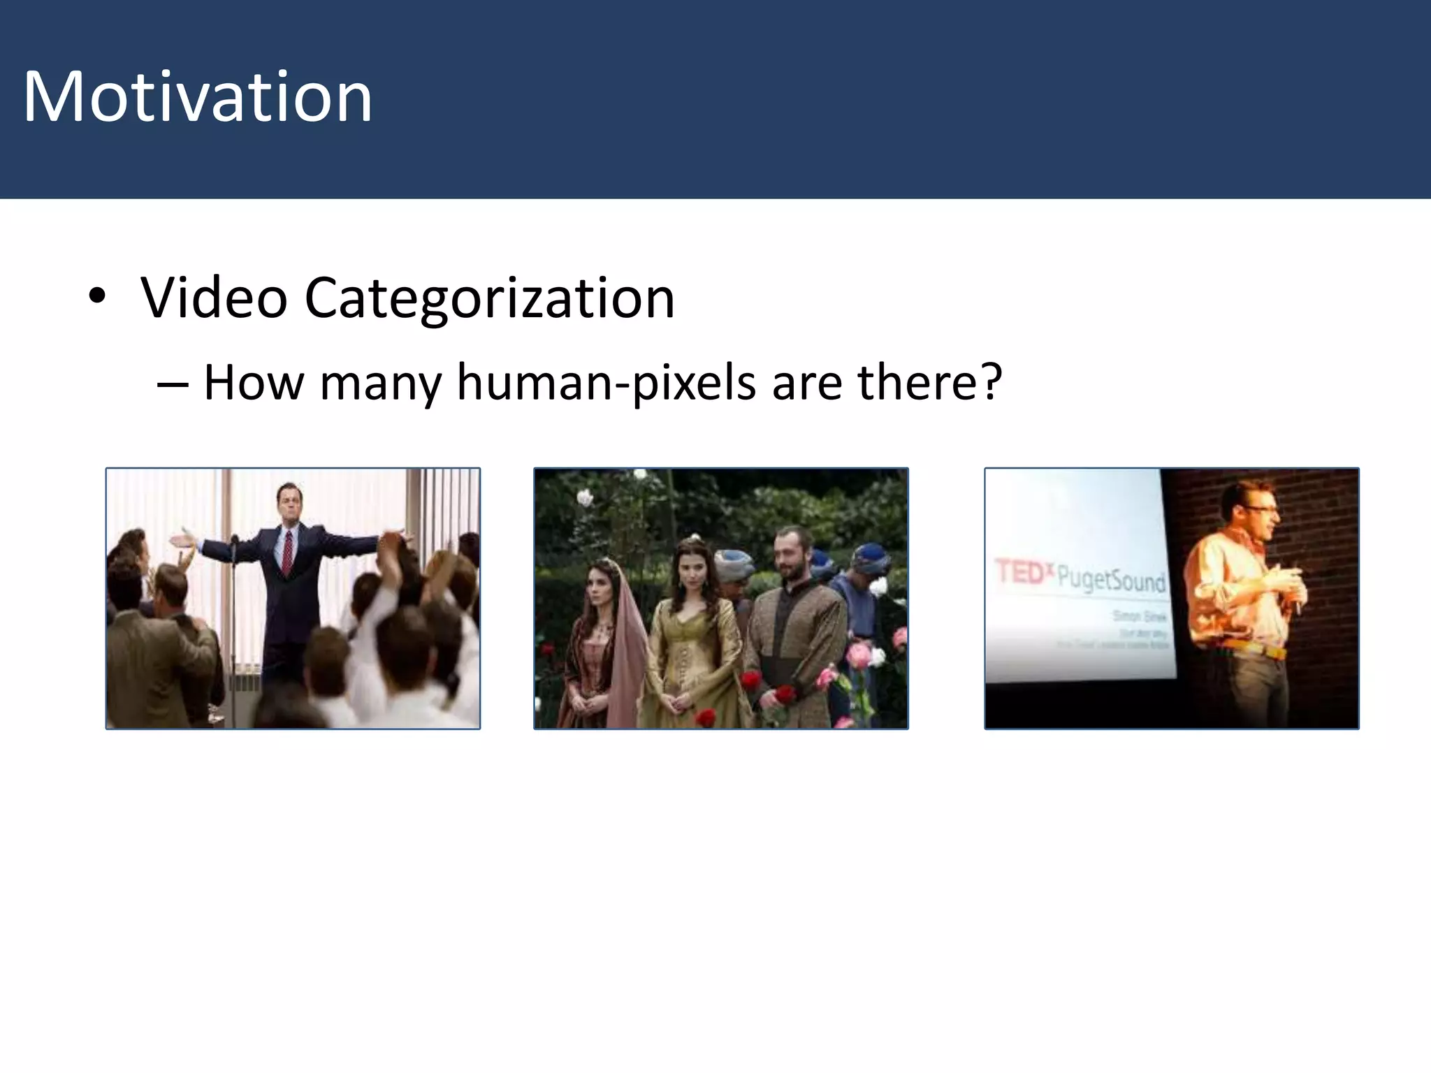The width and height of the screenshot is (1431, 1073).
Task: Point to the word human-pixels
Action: (x=606, y=383)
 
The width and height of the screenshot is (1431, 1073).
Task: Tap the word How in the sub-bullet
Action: (x=254, y=383)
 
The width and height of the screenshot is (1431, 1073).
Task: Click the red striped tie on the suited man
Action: (x=286, y=552)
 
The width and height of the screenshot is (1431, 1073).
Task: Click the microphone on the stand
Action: (x=235, y=540)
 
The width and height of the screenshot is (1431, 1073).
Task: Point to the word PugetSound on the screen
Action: (x=1111, y=579)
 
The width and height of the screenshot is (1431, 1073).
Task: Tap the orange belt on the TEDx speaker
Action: (x=1258, y=650)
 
